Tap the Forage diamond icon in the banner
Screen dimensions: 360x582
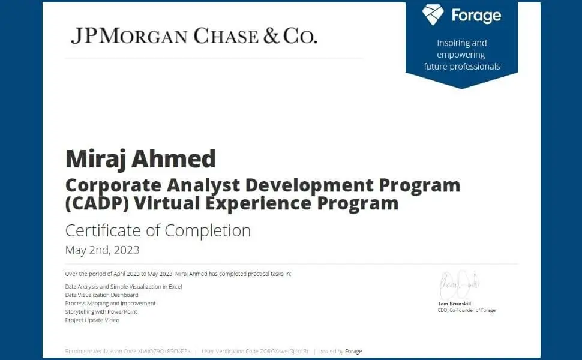click(433, 14)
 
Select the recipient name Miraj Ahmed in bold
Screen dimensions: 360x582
click(140, 159)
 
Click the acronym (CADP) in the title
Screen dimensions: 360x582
click(96, 203)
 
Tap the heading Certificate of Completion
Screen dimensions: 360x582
click(158, 230)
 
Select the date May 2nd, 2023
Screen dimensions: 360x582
click(102, 250)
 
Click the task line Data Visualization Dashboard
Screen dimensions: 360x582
click(101, 295)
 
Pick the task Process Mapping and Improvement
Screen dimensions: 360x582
click(110, 304)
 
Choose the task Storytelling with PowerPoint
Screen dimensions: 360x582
click(101, 312)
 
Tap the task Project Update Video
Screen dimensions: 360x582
click(92, 320)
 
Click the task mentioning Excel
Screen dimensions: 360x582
click(123, 287)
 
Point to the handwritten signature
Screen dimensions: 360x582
click(458, 286)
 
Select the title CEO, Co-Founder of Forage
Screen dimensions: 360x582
click(466, 310)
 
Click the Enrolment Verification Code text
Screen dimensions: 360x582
click(127, 351)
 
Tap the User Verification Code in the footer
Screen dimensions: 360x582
click(255, 351)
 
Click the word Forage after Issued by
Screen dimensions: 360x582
click(353, 351)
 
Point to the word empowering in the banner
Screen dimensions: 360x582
click(461, 55)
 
